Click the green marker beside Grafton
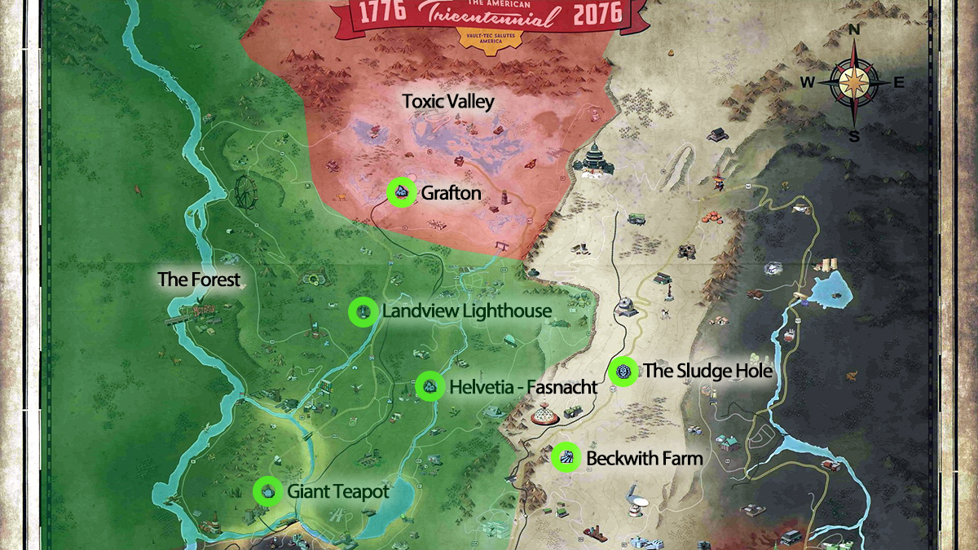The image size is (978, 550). tap(400, 192)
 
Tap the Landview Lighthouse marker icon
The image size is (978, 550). tap(363, 312)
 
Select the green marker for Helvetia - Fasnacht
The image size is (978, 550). tap(430, 386)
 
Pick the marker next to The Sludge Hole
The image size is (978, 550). tap(623, 372)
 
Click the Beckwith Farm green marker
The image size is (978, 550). tap(566, 458)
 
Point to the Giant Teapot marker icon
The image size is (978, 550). tap(267, 491)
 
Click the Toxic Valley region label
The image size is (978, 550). tap(448, 102)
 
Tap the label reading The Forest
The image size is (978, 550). tap(200, 279)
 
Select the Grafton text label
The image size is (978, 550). tap(451, 193)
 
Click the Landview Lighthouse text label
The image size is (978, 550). tap(467, 311)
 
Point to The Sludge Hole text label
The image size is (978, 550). tap(707, 372)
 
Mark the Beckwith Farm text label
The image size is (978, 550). tap(644, 459)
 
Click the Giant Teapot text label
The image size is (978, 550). tap(337, 491)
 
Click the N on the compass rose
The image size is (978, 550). tap(854, 30)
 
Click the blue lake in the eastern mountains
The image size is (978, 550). tap(829, 286)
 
